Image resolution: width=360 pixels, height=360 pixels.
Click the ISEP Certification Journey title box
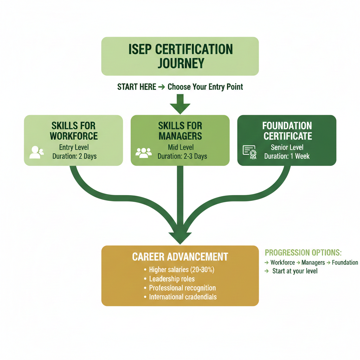coord(180,56)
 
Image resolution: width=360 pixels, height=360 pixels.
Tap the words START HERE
coord(137,87)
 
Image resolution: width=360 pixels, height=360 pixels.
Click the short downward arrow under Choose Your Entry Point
coord(180,105)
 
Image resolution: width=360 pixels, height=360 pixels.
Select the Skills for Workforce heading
coord(73,131)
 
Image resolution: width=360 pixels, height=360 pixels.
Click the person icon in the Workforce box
coord(36,152)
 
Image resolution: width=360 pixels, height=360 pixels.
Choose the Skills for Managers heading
coord(180,131)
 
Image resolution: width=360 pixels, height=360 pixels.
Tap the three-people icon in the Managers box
coord(143,152)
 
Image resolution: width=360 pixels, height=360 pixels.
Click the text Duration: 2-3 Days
coord(182,156)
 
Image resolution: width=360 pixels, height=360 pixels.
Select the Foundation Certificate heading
coord(287,131)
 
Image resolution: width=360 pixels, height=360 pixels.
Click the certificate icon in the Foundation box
coord(250,152)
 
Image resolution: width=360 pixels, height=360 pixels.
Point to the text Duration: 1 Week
coord(287,156)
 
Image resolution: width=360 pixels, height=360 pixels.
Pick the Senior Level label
coord(287,147)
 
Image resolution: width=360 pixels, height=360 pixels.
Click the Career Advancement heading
coord(180,257)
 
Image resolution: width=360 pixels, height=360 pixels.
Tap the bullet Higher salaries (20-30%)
coord(181,270)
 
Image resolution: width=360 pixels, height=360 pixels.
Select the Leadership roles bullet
coord(172,279)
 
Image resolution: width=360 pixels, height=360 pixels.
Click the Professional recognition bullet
coord(182,288)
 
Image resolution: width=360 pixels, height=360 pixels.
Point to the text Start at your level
coord(295,271)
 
